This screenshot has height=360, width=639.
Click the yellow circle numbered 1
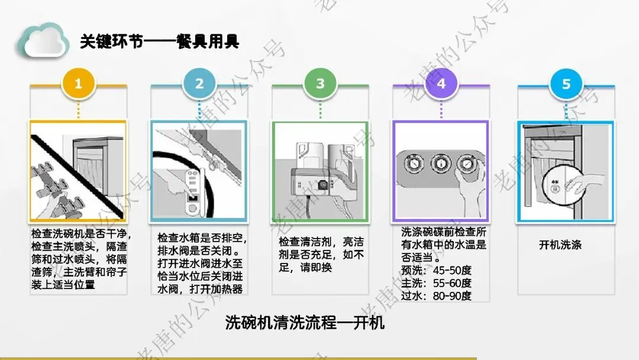(x=78, y=83)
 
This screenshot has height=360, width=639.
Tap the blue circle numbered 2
(x=199, y=83)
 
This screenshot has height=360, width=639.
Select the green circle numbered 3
(x=320, y=83)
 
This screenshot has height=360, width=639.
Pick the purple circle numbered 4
(x=441, y=83)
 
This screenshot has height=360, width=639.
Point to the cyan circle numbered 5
(x=566, y=83)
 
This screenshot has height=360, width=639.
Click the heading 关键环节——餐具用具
(x=159, y=41)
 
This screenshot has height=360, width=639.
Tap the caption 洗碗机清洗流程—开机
(x=305, y=323)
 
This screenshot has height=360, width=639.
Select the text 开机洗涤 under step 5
(x=560, y=245)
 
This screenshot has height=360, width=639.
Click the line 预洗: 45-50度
(x=436, y=271)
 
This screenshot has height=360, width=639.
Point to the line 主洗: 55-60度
(x=436, y=283)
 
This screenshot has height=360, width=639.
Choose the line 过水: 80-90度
(x=436, y=295)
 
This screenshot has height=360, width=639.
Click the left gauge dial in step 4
(x=414, y=163)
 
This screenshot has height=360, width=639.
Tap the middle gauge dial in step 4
(x=441, y=163)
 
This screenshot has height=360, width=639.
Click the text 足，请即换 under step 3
(x=305, y=268)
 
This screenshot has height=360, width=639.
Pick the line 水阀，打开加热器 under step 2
(x=200, y=289)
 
